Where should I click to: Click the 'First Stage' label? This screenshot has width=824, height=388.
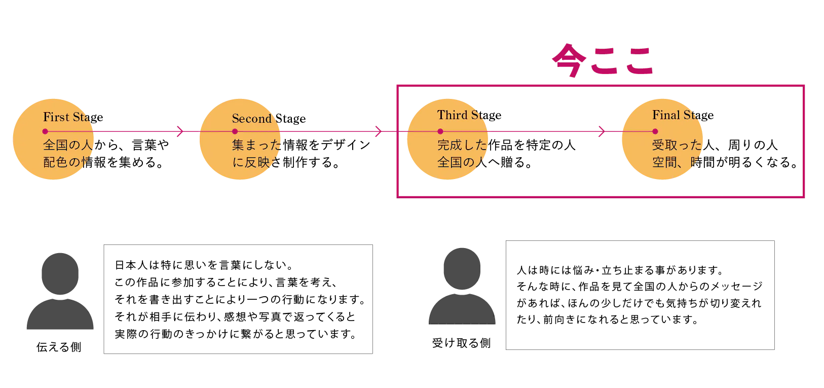[67, 117]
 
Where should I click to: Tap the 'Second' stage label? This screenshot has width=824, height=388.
[252, 119]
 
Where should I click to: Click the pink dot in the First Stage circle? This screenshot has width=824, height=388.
[46, 132]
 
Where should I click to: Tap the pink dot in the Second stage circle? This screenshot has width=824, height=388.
[235, 132]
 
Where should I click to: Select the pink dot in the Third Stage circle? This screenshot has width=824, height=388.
[440, 132]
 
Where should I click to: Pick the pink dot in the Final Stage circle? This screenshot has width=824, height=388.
[655, 132]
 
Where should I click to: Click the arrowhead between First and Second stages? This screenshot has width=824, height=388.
[179, 132]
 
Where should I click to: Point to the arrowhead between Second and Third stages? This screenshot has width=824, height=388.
[378, 132]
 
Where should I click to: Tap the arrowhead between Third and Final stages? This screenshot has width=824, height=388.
[601, 132]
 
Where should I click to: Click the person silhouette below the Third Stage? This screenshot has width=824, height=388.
[462, 288]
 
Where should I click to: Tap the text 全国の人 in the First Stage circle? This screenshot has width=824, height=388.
[67, 145]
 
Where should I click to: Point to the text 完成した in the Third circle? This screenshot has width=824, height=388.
[462, 145]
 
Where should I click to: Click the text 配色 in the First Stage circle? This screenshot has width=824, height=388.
[55, 162]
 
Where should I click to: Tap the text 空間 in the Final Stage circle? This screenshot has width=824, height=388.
[664, 162]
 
